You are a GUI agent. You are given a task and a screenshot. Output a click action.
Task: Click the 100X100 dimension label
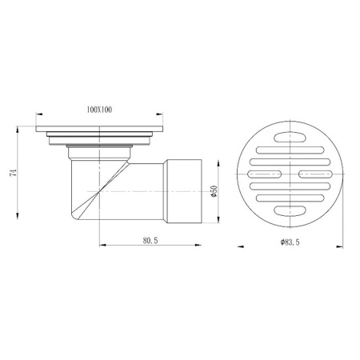point(99,110)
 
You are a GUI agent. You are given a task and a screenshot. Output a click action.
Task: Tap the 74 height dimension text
point(13,173)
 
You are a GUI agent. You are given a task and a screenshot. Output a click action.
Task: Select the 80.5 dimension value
point(150,241)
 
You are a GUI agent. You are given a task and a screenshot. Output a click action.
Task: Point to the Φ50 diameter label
point(214,191)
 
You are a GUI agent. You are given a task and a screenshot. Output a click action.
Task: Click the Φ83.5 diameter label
point(290,242)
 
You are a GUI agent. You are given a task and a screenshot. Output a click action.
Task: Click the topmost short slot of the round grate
point(290,138)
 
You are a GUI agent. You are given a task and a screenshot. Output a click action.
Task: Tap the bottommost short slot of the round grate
point(290,210)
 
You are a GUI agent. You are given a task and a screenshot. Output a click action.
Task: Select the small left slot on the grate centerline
point(265,174)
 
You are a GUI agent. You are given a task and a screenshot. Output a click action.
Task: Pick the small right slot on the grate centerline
point(315,174)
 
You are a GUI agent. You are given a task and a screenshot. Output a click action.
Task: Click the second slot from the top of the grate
point(290,150)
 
